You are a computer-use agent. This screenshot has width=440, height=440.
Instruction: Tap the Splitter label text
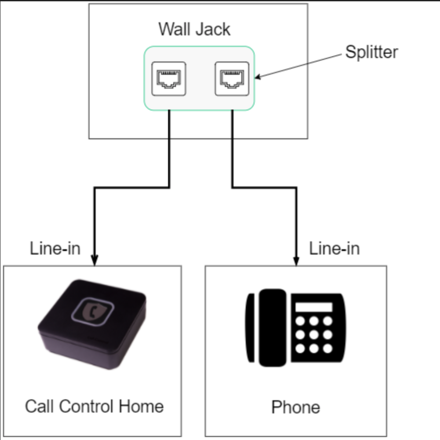[371, 52]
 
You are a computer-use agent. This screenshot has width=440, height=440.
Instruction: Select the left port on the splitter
[169, 79]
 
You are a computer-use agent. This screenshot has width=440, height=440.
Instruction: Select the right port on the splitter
[232, 79]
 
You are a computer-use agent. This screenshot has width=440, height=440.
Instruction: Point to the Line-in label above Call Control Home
[55, 249]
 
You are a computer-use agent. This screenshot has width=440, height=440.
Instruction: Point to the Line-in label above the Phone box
[334, 249]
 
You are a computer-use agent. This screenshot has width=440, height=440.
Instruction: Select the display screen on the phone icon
[313, 307]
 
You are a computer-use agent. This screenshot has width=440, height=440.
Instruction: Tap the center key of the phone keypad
[314, 335]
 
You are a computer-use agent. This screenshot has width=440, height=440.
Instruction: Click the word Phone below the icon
[295, 407]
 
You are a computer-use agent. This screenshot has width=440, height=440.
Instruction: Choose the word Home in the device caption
[141, 406]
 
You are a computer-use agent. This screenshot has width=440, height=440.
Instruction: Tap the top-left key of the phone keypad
[300, 321]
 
